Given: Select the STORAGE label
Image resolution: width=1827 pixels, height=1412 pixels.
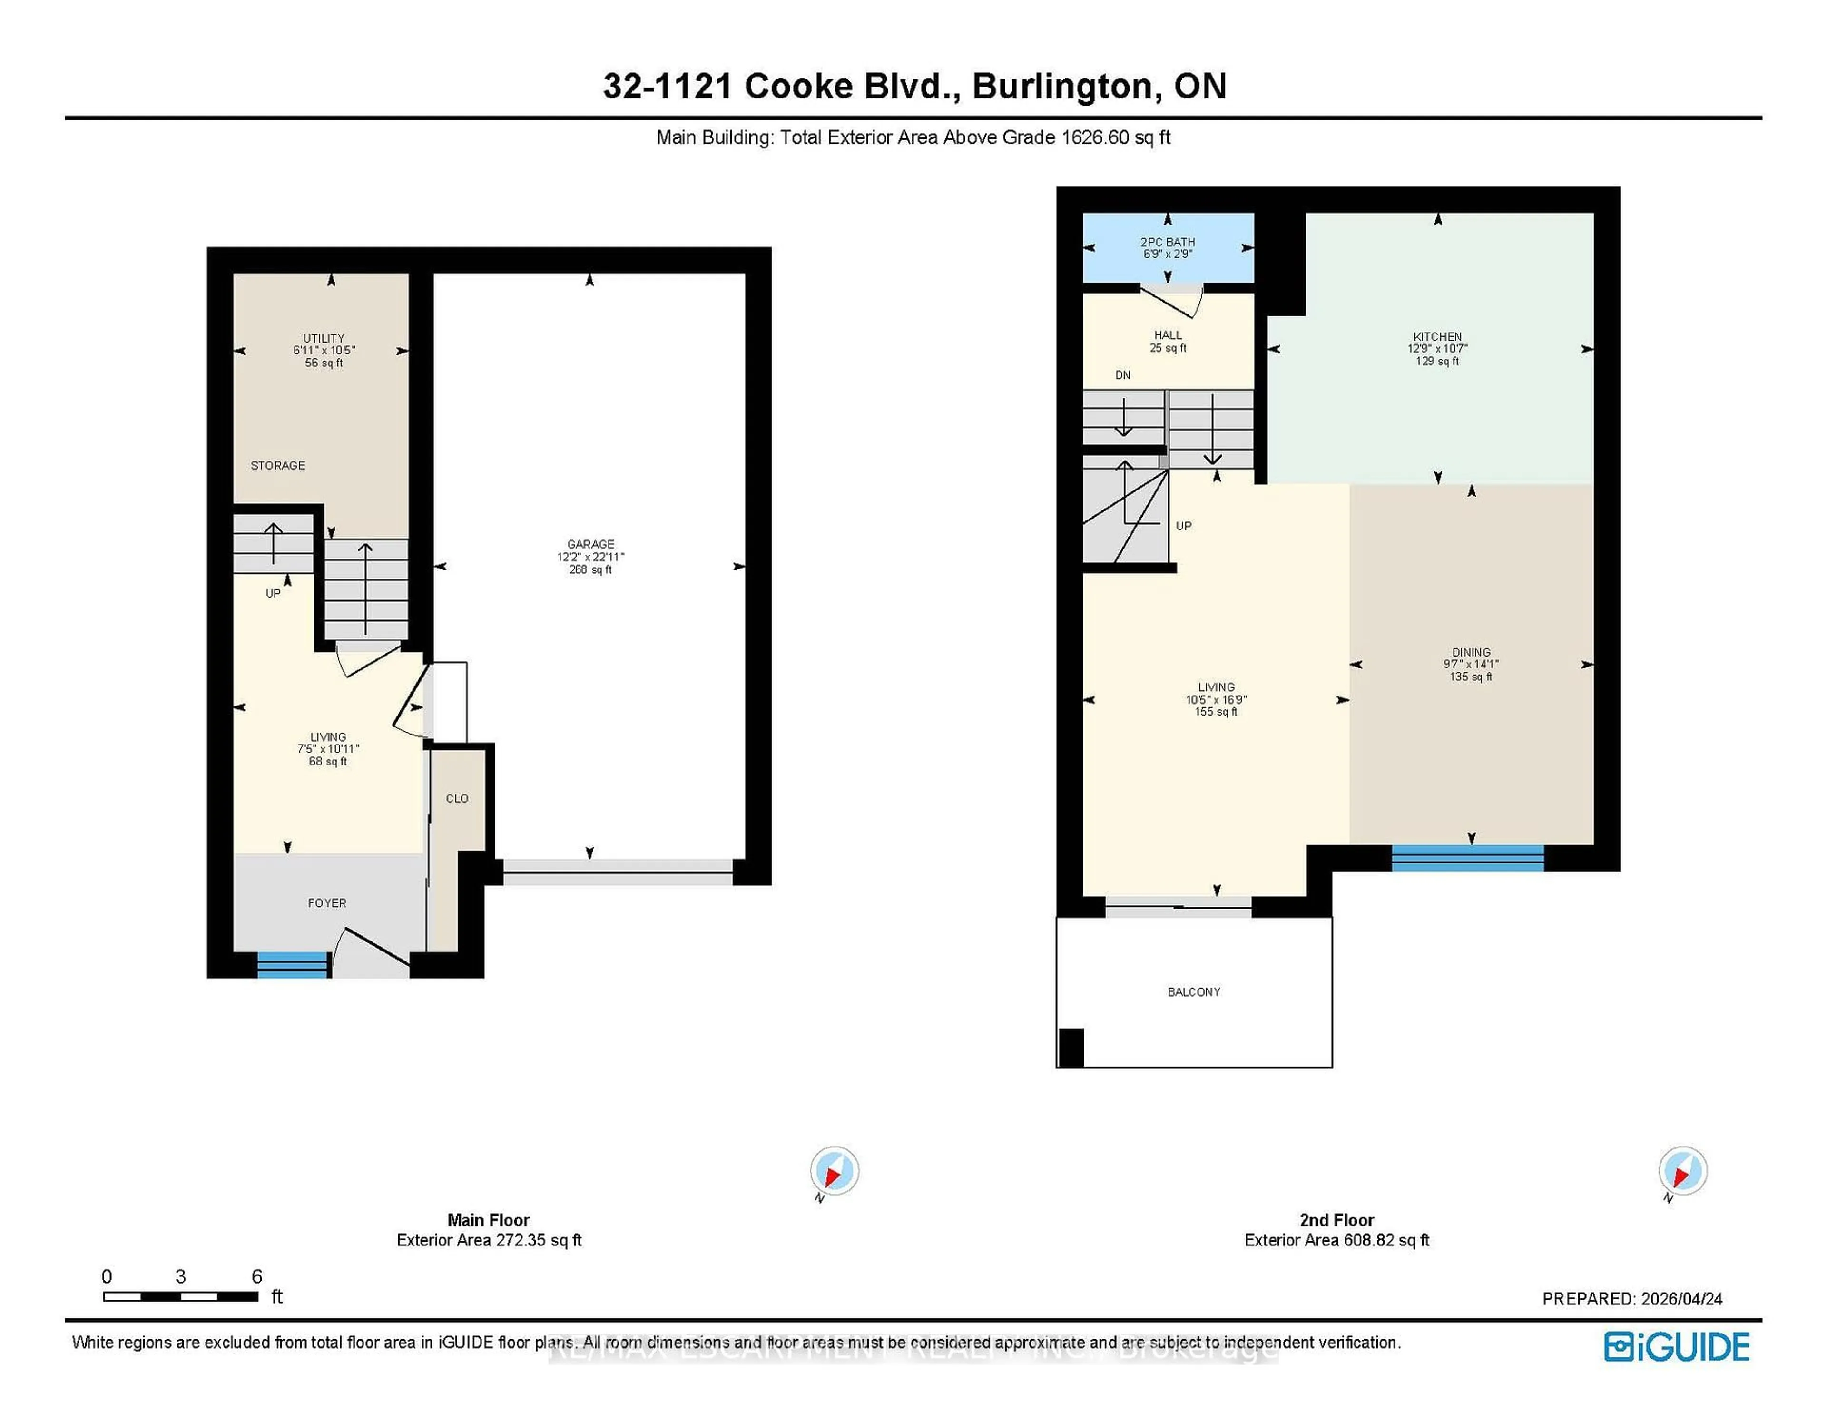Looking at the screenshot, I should [x=278, y=466].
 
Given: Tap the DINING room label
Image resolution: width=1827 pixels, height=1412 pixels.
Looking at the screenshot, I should [x=1471, y=652].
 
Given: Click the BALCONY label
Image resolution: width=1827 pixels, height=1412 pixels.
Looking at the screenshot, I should [x=1194, y=992].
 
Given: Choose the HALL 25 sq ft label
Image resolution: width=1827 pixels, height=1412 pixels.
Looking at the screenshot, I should [x=1168, y=341].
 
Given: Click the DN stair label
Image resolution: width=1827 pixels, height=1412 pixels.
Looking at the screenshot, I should [x=1123, y=375].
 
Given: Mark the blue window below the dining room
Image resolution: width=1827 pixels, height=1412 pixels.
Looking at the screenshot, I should [x=1467, y=858].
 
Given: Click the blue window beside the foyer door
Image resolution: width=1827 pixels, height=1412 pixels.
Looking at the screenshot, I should [x=292, y=964].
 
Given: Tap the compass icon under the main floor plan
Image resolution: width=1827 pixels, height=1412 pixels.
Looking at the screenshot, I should [x=834, y=1170].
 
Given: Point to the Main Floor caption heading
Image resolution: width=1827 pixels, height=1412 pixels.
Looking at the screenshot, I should [x=489, y=1220].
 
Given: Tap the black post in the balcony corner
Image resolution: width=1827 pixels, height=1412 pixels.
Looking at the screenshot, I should [x=1071, y=1047].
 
